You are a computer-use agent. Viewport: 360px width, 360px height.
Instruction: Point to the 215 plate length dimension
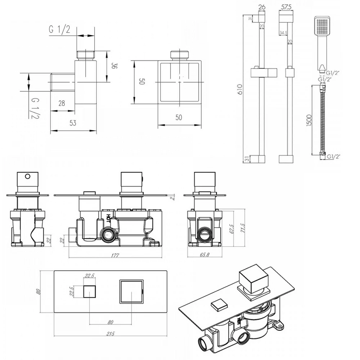coord(111,333)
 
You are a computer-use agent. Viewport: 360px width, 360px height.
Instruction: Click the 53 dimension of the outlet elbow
coord(73,123)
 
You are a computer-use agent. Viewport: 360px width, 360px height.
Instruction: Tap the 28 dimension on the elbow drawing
coord(62,104)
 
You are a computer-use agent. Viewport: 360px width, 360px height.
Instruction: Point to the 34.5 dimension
coord(283,33)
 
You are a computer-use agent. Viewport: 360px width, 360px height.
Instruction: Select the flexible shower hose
coord(323,119)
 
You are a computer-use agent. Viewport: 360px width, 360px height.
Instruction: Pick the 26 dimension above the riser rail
coord(262,6)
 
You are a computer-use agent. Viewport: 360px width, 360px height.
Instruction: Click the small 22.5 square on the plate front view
coord(89,291)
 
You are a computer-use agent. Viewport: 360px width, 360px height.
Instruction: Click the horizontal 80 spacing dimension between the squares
coord(110,321)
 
